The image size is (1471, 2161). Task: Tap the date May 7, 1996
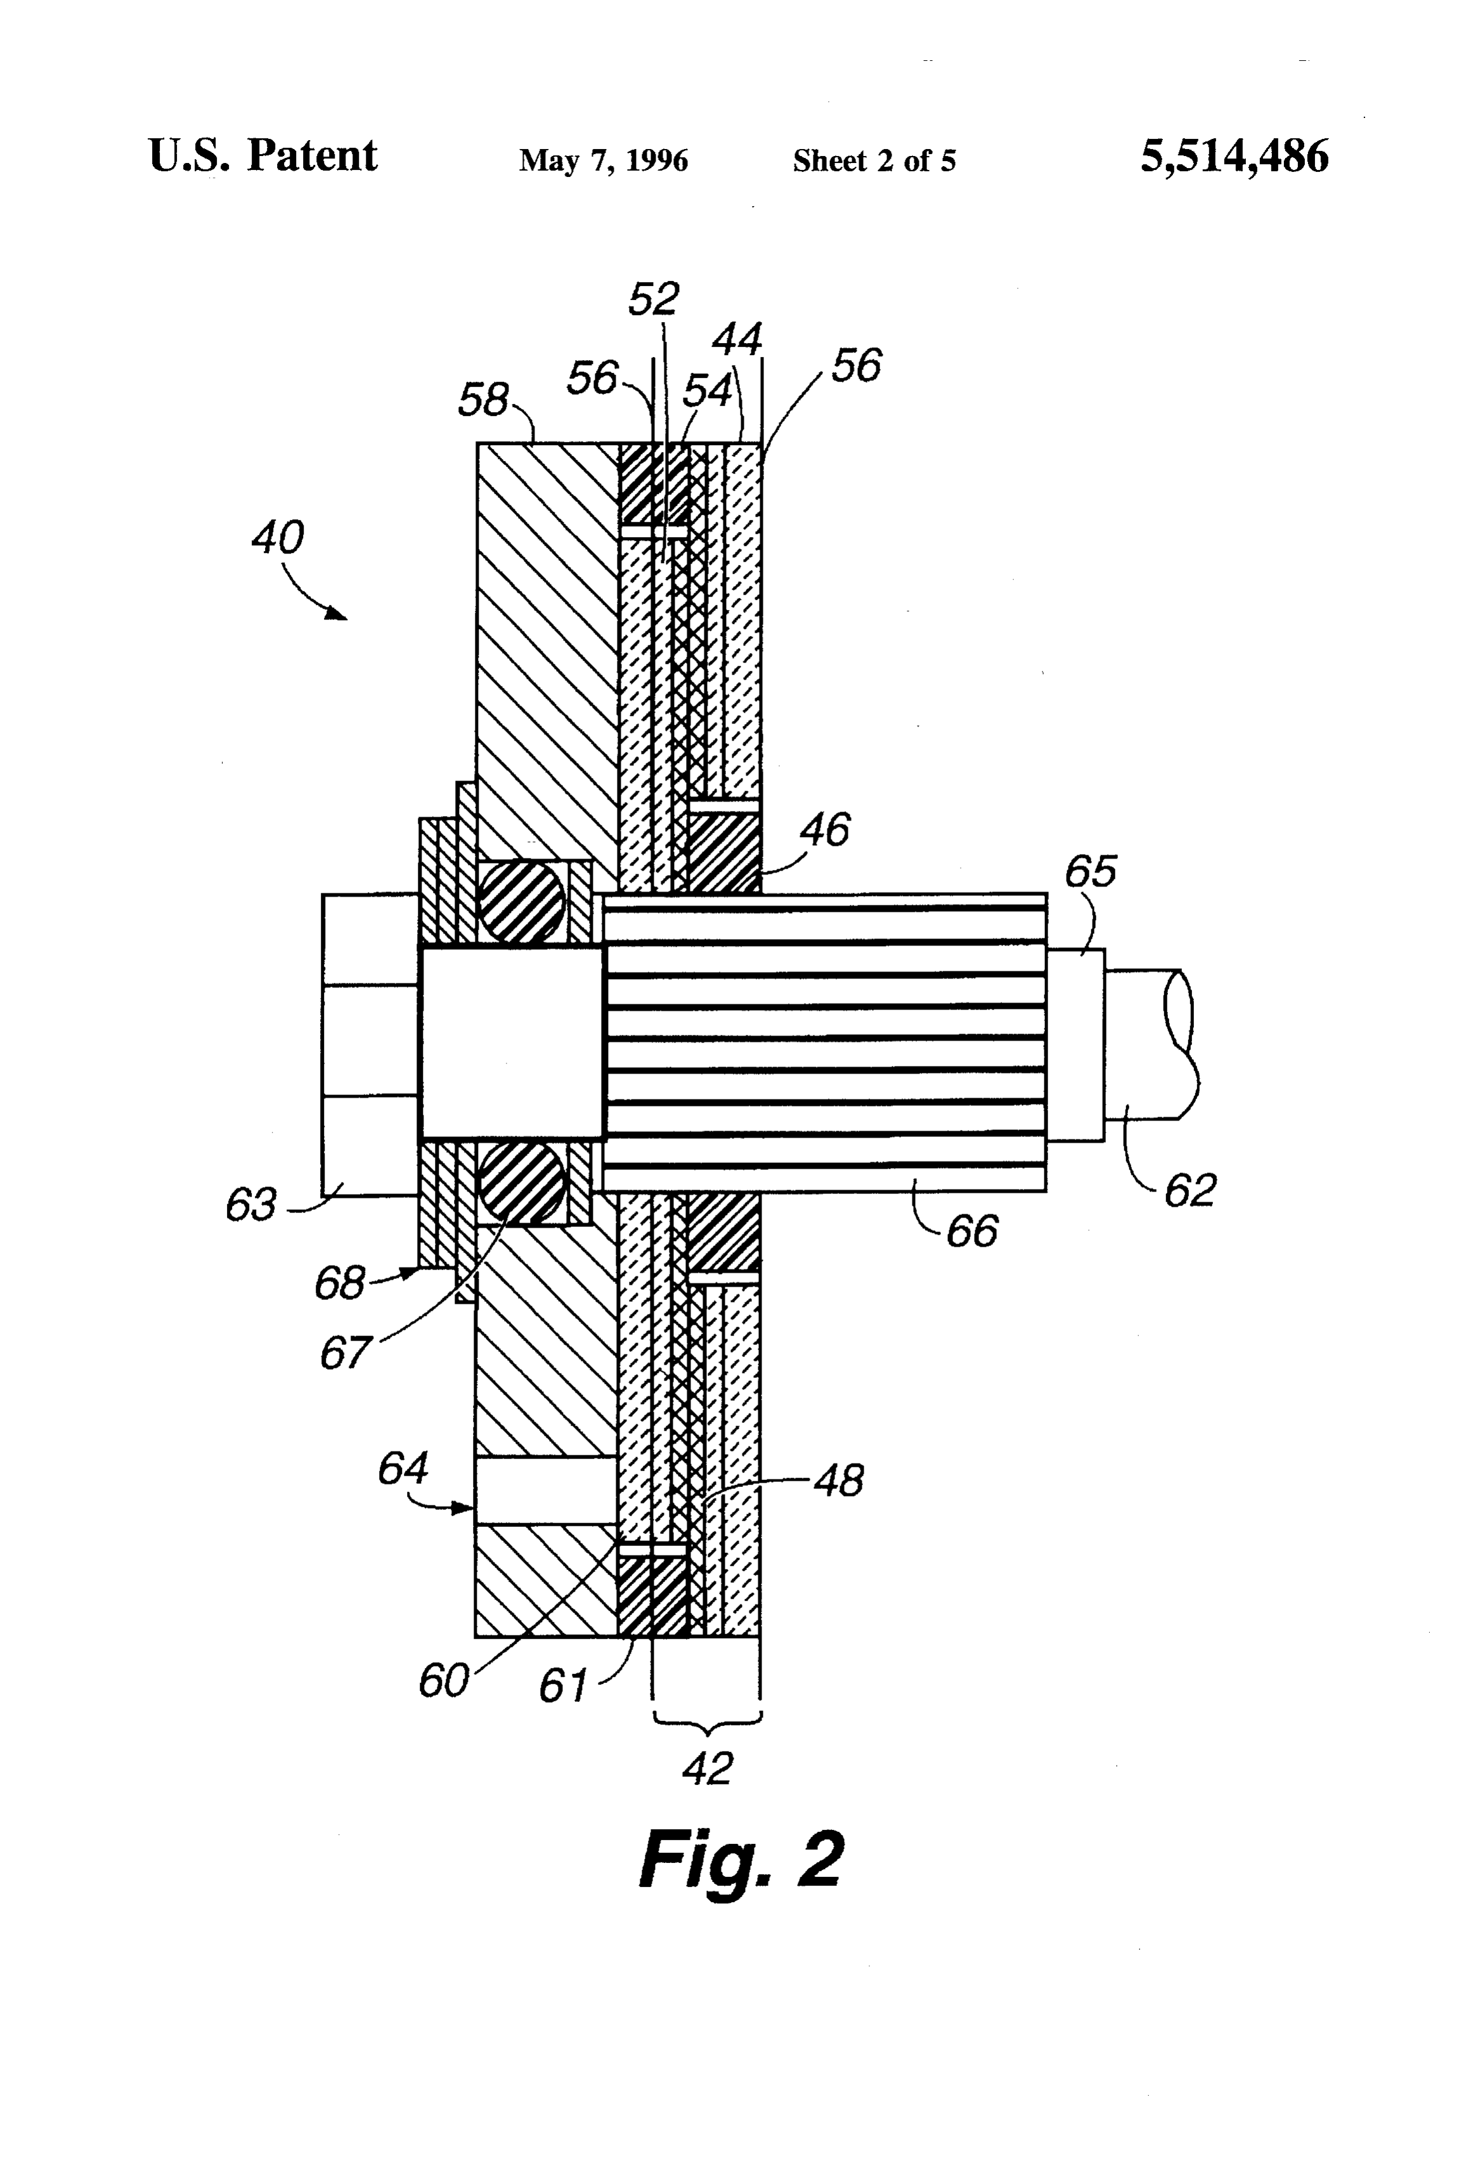[604, 161]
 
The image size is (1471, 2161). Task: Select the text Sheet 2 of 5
[874, 161]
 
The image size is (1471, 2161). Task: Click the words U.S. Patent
[263, 155]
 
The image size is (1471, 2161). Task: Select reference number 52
[654, 299]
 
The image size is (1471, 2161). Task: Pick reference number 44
[737, 339]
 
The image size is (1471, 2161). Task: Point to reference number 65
[1090, 871]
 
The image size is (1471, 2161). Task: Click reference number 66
[971, 1231]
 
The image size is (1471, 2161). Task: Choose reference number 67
[345, 1353]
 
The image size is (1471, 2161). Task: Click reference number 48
[839, 1481]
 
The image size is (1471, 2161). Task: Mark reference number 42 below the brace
[708, 1768]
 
